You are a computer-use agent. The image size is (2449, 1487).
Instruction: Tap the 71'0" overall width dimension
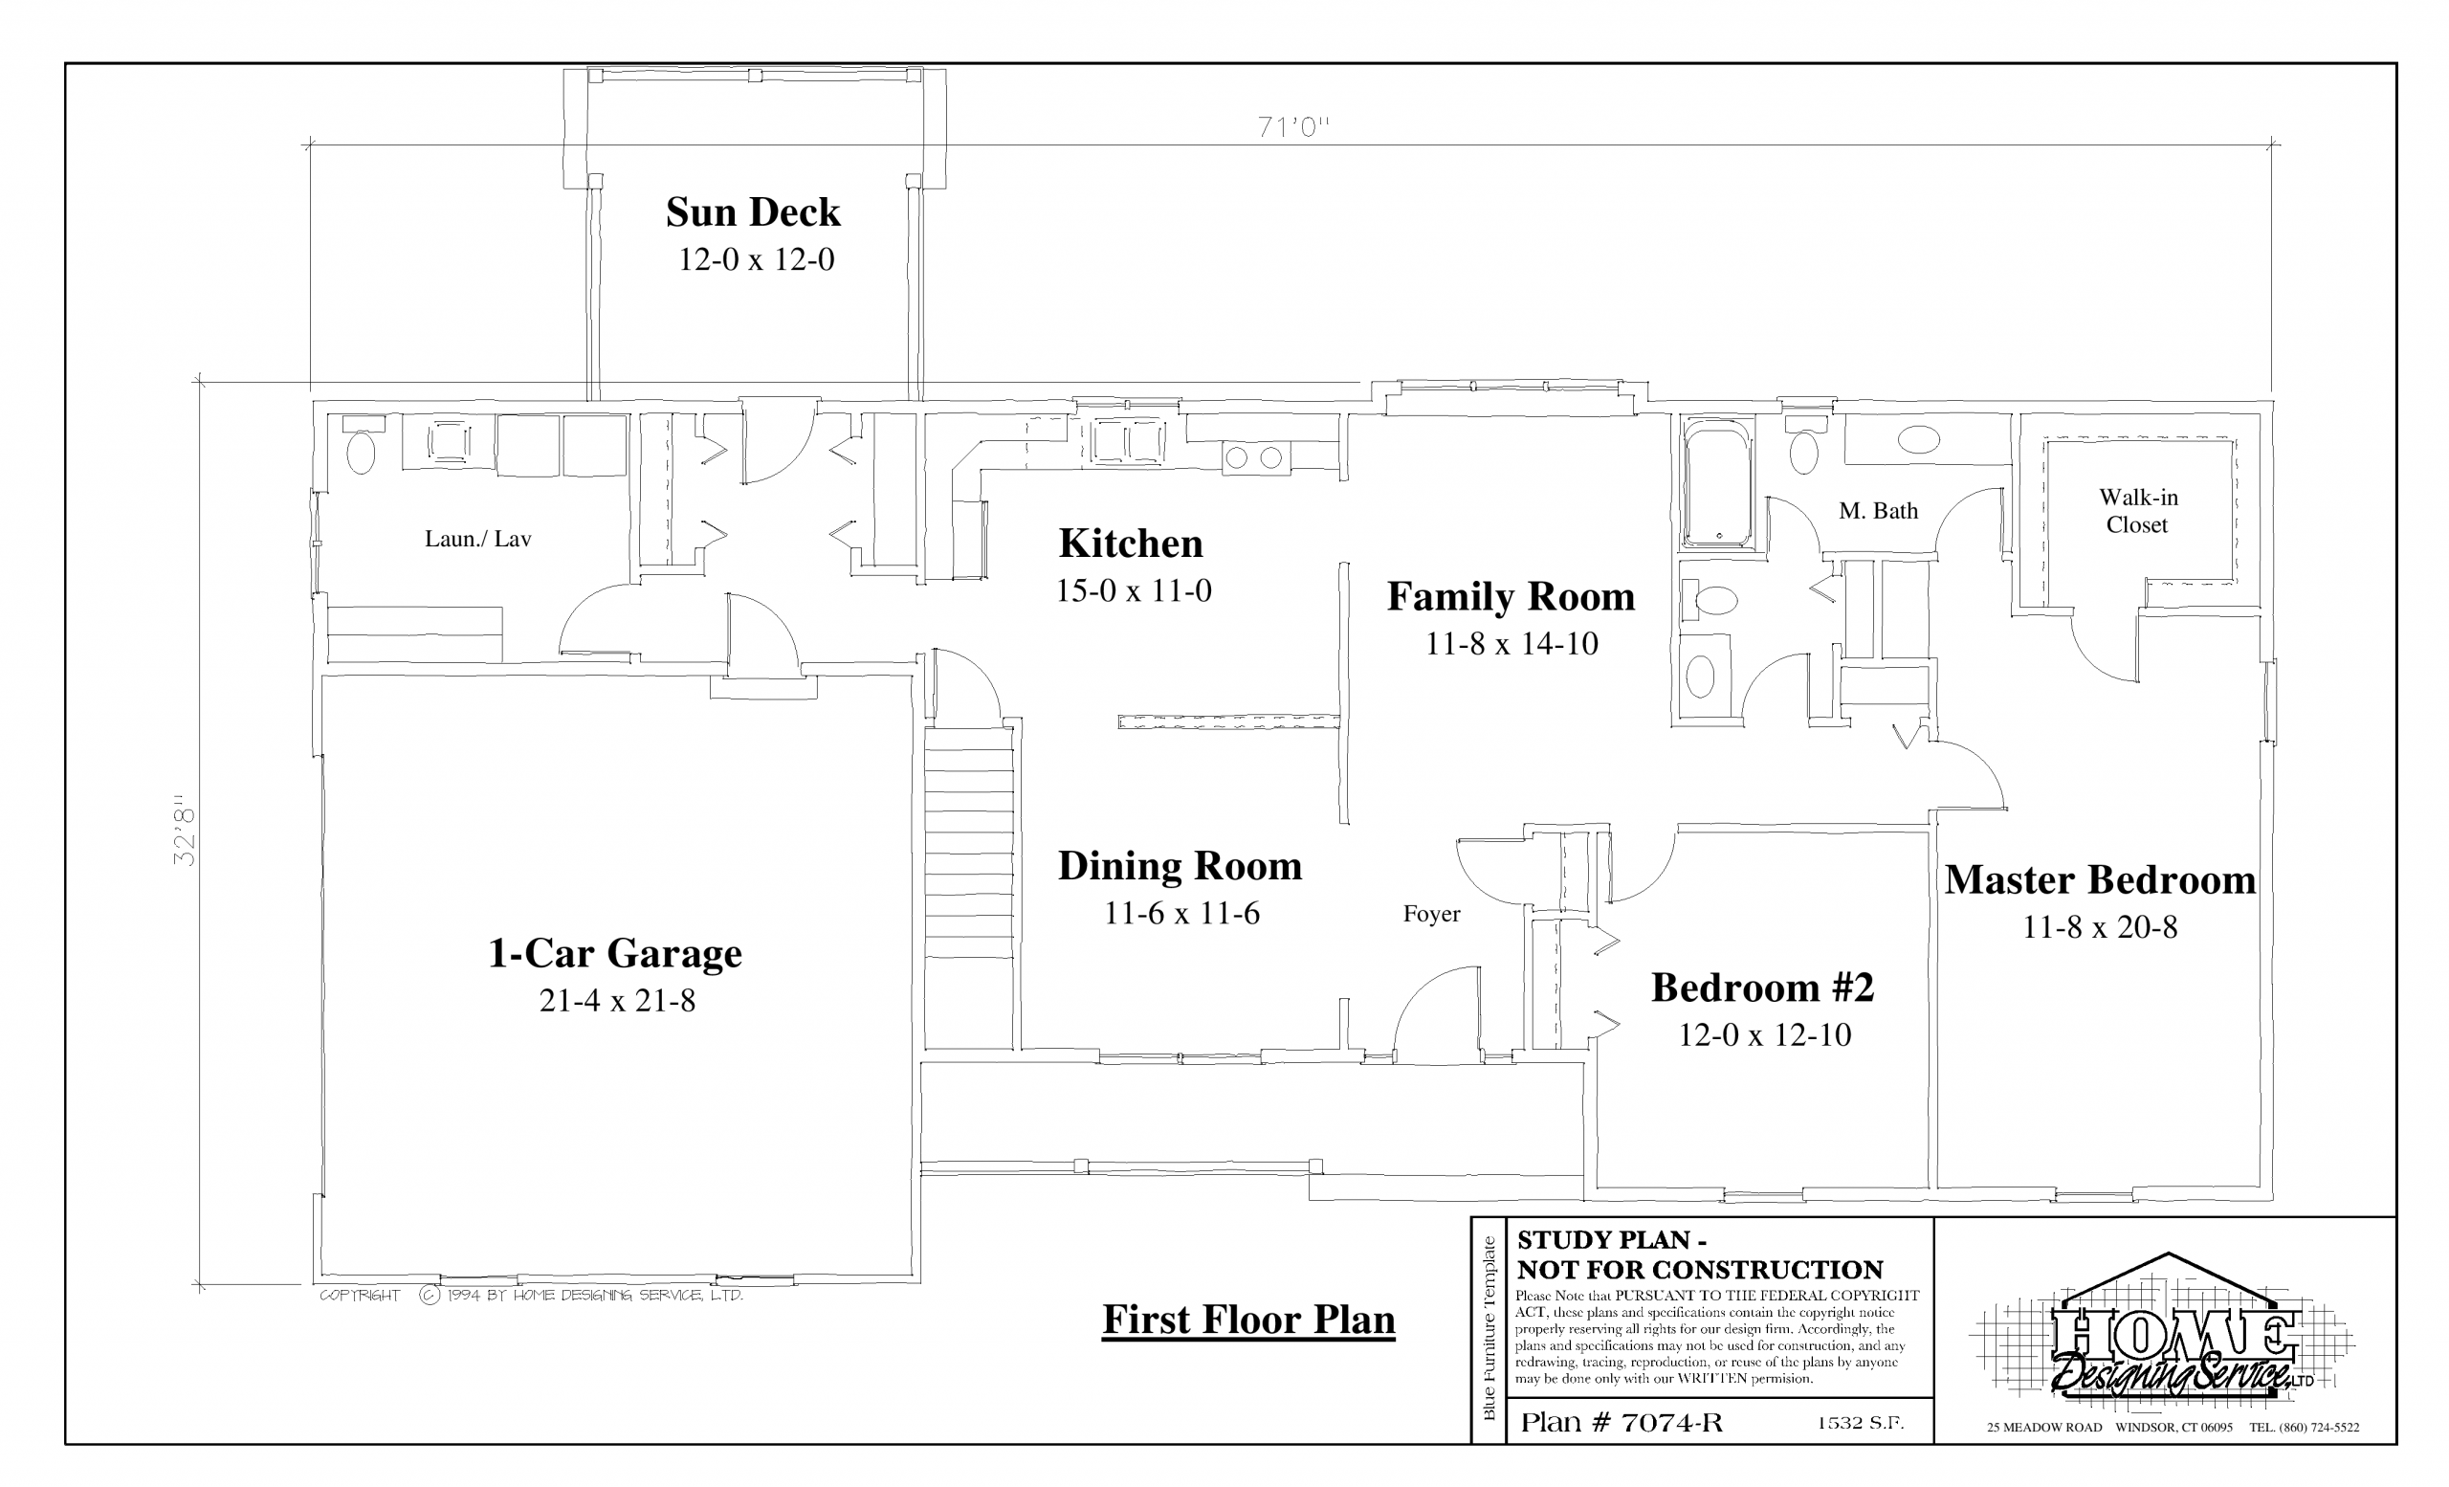1293,127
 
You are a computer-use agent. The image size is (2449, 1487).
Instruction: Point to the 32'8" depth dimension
185,830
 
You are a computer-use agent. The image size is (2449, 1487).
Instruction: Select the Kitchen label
1130,544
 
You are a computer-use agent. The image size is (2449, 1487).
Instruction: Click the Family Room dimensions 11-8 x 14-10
1511,644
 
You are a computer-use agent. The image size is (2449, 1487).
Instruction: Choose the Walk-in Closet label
2138,511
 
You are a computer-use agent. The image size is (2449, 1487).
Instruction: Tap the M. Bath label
1878,511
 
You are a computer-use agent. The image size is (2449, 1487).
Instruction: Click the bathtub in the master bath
1718,485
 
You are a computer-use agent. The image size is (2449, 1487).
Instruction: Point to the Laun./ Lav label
478,539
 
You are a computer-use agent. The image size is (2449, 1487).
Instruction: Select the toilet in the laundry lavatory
360,446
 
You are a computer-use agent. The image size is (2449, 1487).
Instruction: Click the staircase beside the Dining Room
969,887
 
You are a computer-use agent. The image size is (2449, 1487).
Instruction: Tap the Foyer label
1431,915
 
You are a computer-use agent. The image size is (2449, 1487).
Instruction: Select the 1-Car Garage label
614,953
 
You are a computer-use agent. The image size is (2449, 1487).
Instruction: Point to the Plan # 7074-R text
1622,1422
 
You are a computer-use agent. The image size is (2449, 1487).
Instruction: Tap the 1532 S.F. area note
1861,1422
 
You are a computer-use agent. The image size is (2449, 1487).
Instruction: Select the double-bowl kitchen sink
1128,442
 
